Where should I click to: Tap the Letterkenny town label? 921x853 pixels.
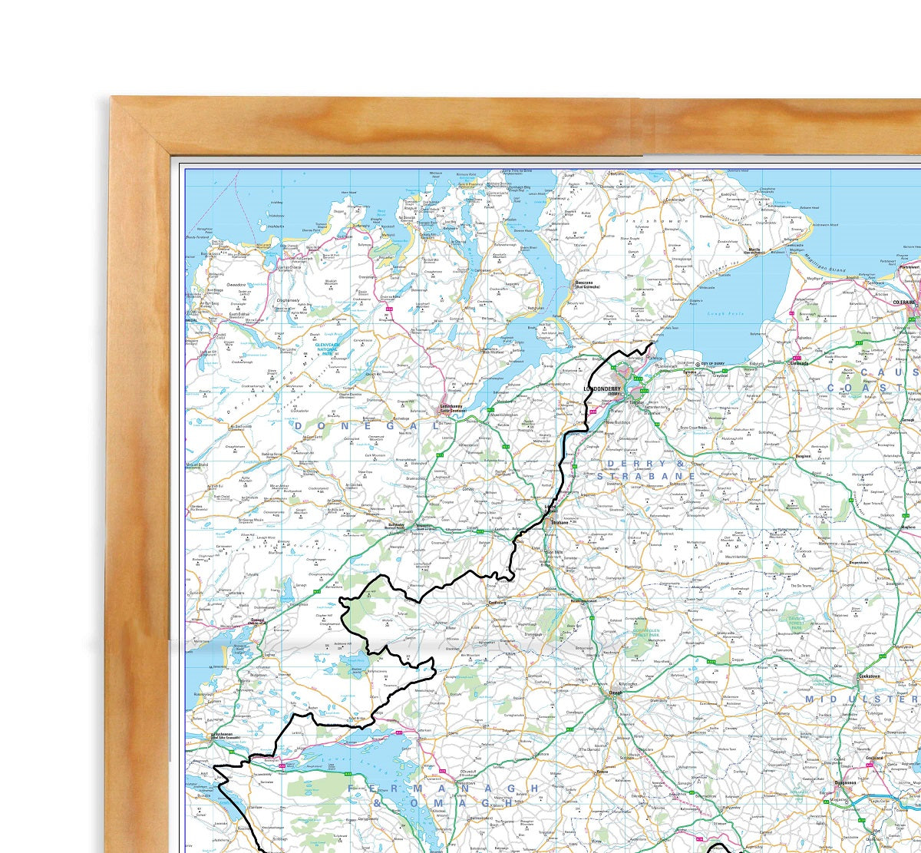coord(453,408)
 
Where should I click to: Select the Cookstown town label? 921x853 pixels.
coord(869,676)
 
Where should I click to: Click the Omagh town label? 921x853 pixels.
coord(615,693)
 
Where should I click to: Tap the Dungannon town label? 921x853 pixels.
coord(849,784)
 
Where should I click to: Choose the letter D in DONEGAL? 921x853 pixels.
coord(300,425)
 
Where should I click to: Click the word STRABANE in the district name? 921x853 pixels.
coord(645,476)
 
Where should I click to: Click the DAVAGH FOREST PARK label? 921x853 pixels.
coord(797,623)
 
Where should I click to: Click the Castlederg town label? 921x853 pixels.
coord(498,603)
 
